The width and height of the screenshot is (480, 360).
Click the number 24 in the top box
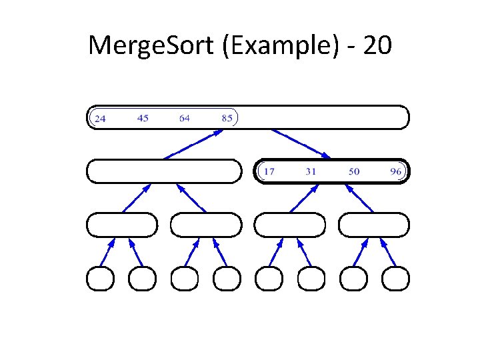99,119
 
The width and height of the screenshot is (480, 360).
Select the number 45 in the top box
143,118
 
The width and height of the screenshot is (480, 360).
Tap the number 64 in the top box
185,118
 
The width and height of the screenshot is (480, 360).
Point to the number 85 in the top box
227,118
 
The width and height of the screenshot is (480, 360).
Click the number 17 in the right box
269,171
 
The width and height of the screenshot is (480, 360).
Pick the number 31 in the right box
311,171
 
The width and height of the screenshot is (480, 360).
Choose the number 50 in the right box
353,171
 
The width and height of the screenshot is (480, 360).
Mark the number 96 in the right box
396,171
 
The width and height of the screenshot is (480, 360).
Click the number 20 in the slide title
377,46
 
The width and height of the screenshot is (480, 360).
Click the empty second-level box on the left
164,171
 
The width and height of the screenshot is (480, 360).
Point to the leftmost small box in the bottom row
101,279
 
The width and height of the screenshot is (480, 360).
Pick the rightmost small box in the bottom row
394,279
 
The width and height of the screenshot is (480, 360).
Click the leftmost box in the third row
122,225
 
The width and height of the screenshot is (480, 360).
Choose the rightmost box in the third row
373,225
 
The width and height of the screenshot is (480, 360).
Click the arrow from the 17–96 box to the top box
300,143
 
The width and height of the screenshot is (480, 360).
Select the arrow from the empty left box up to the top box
194,144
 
